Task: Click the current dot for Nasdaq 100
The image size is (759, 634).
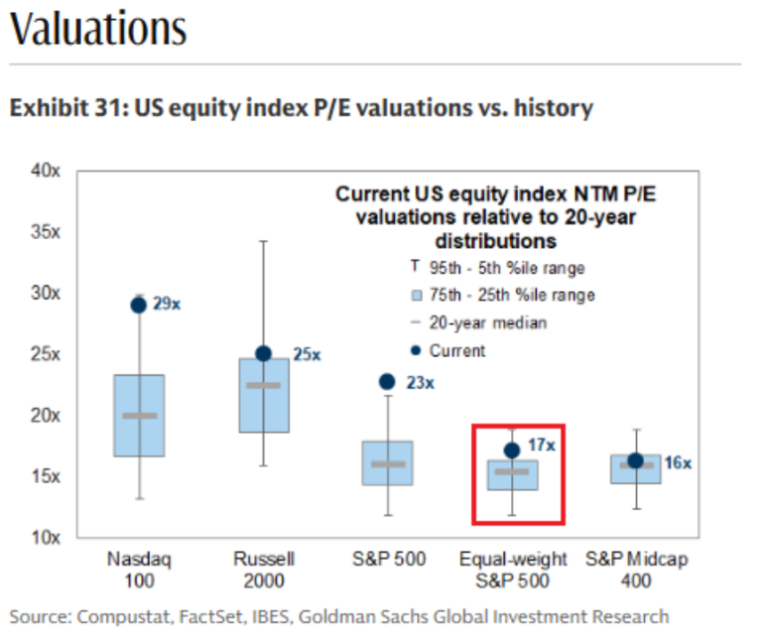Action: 139,305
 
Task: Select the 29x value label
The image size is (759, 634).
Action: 169,304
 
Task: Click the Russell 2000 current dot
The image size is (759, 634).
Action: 263,353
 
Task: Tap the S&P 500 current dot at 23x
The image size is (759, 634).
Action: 387,382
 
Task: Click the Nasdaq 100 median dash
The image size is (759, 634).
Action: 139,416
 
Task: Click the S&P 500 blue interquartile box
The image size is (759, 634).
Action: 387,462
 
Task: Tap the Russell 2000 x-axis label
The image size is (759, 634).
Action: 263,570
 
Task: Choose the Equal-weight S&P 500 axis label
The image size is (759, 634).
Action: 511,570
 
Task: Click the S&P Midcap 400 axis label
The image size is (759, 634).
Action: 636,570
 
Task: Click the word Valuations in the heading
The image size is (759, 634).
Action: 97,29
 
